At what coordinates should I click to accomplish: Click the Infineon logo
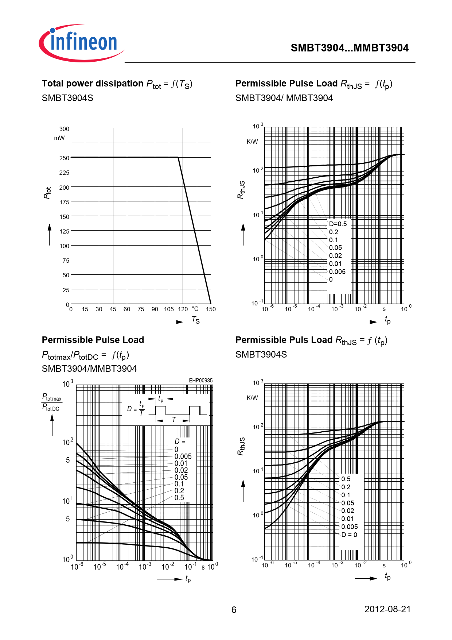[82, 43]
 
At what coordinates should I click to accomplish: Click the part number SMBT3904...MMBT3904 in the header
[349, 48]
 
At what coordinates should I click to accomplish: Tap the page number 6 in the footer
[234, 610]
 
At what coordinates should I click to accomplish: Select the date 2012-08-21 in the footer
[387, 609]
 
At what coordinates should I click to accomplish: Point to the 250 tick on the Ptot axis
[64, 158]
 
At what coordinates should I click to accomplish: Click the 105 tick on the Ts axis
[169, 309]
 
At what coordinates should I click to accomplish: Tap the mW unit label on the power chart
[59, 138]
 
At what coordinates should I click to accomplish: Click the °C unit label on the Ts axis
[195, 309]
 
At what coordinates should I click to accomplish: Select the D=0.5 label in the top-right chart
[338, 224]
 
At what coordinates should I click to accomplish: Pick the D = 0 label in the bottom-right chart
[349, 535]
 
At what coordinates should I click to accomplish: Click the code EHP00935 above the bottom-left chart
[200, 380]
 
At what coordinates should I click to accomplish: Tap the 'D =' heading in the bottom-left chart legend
[180, 442]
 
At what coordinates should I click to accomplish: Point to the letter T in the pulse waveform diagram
[174, 420]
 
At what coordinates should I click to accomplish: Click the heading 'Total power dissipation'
[93, 84]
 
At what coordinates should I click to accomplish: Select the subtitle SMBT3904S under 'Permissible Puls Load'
[261, 354]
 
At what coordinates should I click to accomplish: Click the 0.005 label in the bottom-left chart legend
[183, 456]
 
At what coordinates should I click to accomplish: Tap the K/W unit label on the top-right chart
[252, 142]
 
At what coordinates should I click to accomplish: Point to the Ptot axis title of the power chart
[47, 193]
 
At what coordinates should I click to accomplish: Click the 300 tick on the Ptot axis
[64, 129]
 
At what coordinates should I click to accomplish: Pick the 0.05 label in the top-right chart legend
[335, 248]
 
